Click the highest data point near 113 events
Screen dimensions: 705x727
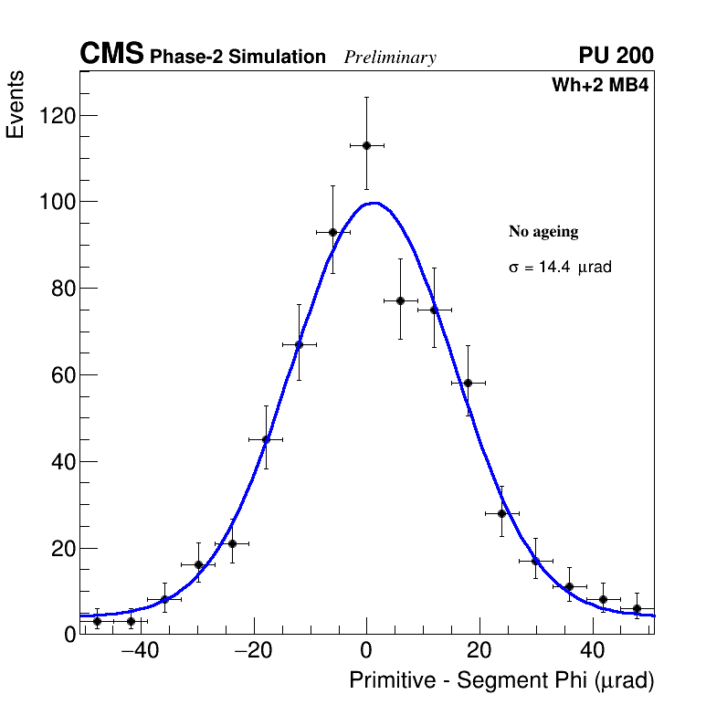point(366,145)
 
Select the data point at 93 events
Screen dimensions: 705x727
point(332,232)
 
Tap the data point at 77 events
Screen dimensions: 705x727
point(400,300)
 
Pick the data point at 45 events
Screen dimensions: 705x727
point(266,439)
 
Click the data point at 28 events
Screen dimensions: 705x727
point(501,513)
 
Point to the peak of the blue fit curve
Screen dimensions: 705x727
point(374,203)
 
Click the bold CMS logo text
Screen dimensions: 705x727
point(111,55)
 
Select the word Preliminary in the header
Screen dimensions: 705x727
point(390,58)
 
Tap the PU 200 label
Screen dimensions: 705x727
point(616,56)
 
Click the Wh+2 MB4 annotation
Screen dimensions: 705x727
point(600,86)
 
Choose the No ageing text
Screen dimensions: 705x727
point(543,232)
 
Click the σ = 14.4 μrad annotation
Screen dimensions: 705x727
point(560,268)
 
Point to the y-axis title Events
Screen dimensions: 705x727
point(16,106)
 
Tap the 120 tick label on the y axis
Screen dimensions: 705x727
point(56,116)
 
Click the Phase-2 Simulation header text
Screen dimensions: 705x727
point(237,58)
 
